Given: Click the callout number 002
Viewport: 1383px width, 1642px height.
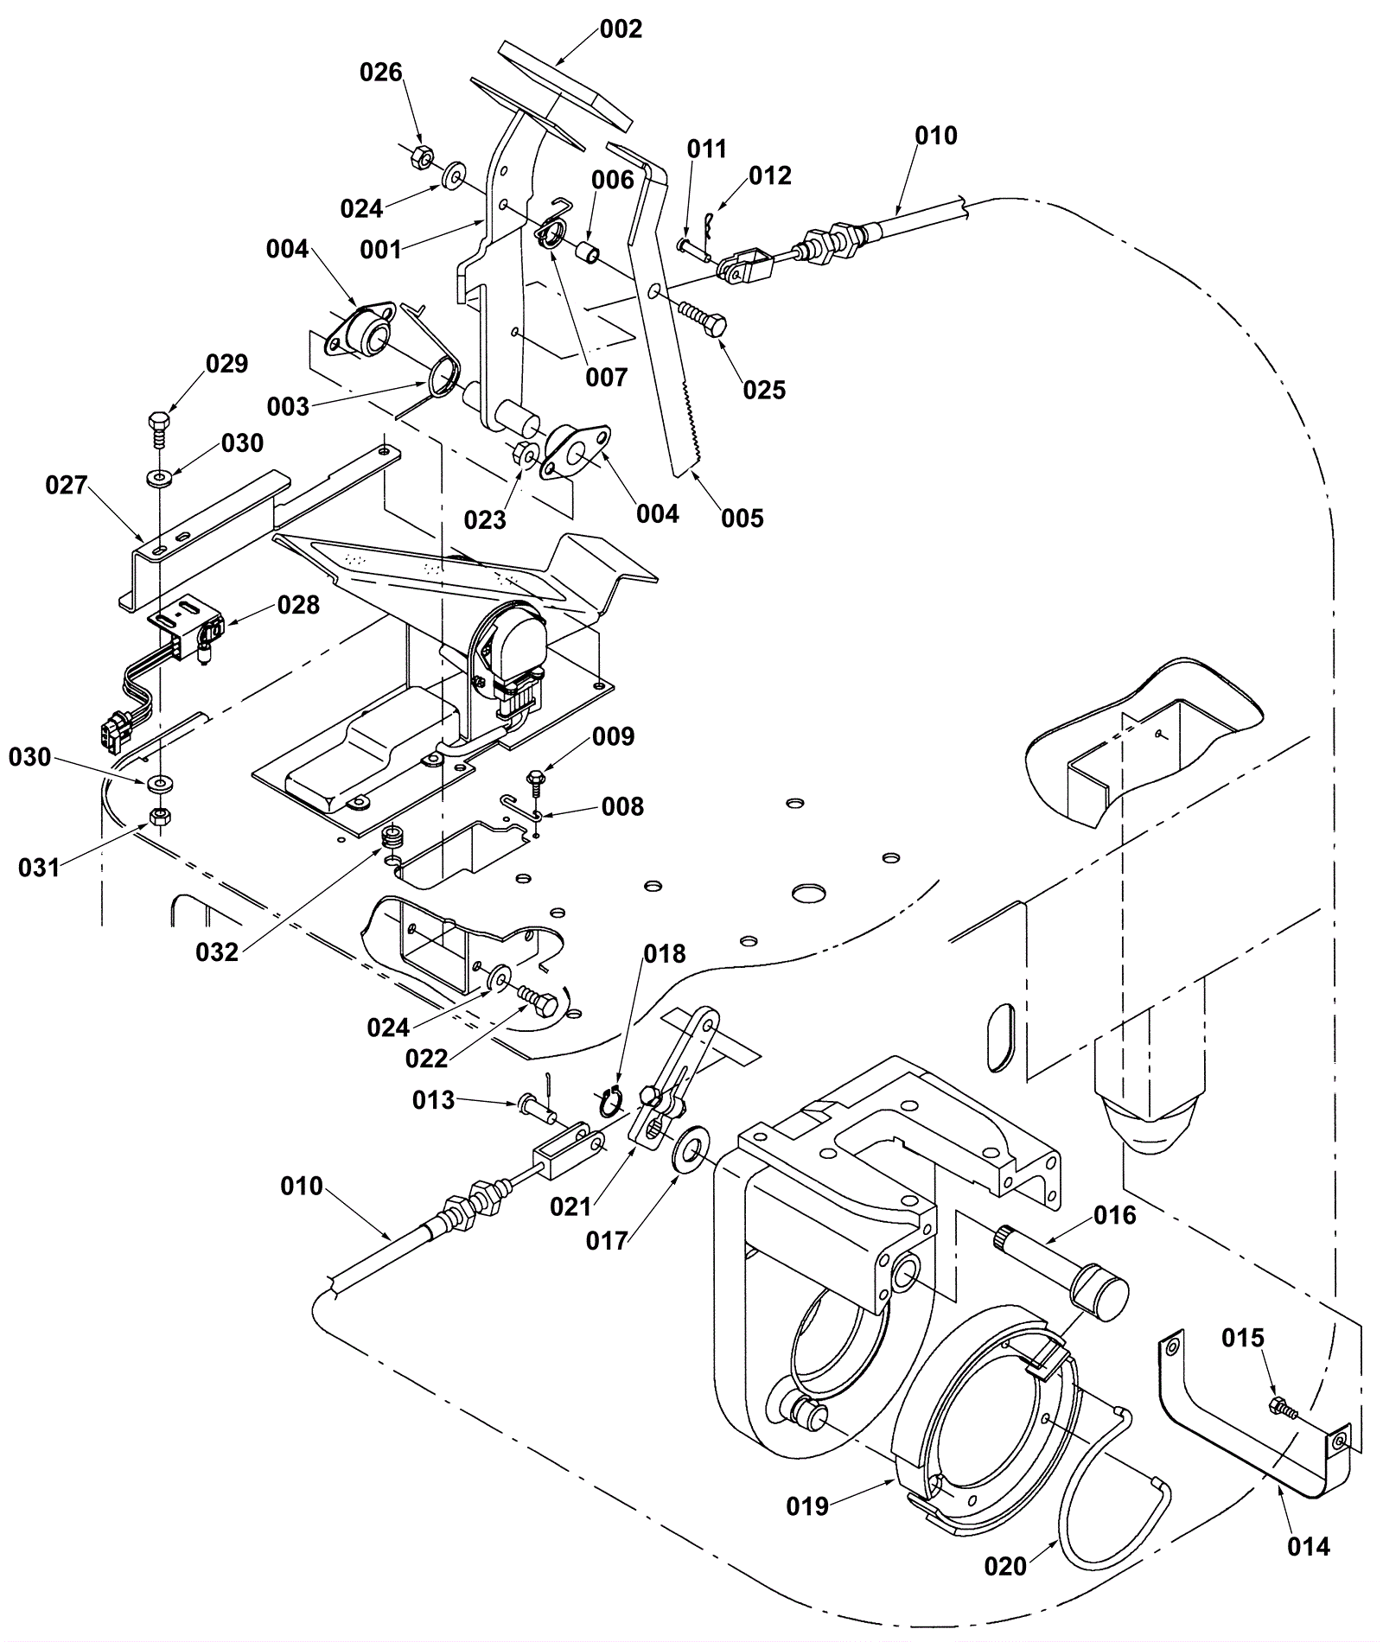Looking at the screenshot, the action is click(621, 29).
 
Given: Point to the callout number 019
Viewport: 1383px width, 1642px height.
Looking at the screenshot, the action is click(807, 1506).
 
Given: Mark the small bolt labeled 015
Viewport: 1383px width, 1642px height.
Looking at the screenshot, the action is click(1283, 1408).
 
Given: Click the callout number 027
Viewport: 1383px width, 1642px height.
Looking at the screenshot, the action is click(67, 486).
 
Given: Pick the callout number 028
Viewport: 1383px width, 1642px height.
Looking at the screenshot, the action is click(298, 605).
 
